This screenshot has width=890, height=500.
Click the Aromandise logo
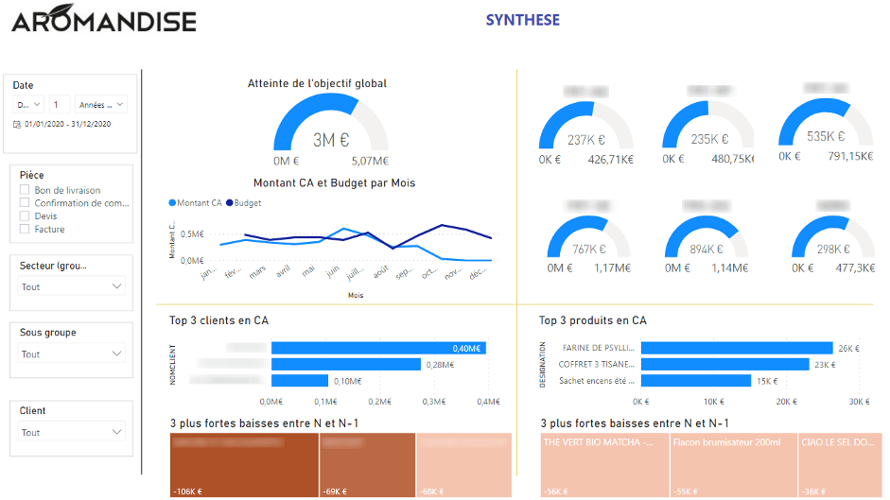click(104, 22)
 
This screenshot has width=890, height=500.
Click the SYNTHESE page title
click(522, 20)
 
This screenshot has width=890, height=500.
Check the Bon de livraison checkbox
click(25, 191)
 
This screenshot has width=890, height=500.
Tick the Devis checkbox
click(25, 216)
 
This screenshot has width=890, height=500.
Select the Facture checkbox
click(25, 230)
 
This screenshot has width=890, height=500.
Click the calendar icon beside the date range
click(17, 125)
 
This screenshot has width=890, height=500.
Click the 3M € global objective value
click(331, 140)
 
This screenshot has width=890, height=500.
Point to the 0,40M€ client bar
click(378, 348)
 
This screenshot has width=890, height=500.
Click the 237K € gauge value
click(585, 140)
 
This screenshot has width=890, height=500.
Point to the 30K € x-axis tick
click(858, 402)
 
